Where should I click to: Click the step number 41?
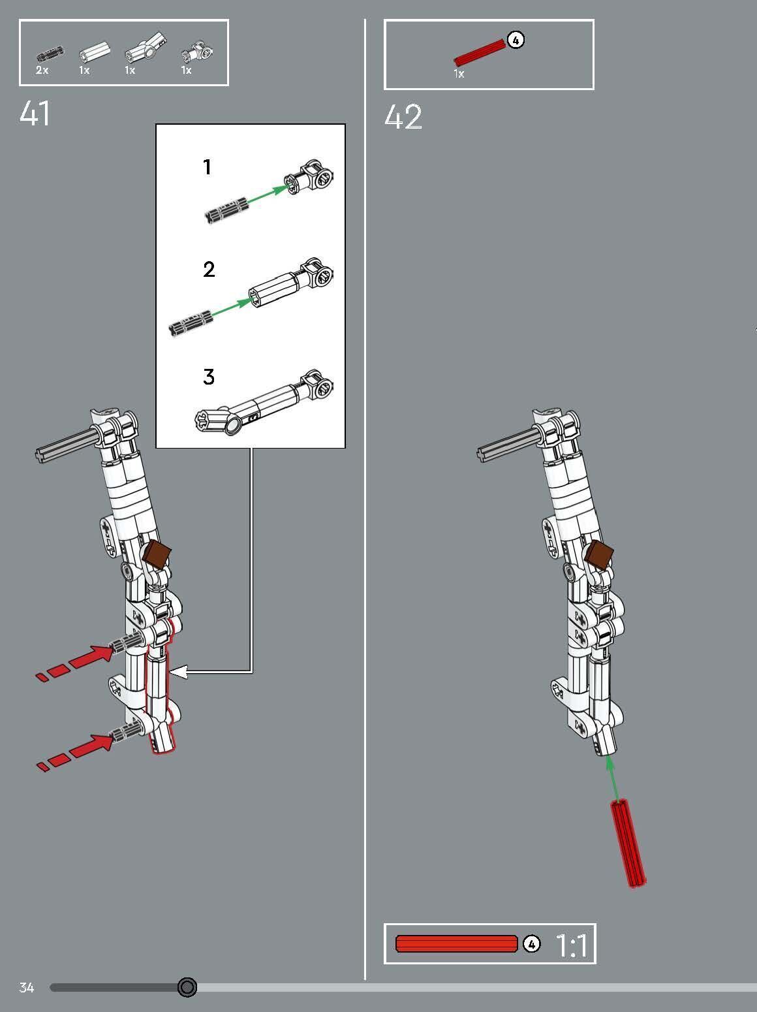point(35,114)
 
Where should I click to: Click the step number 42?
point(403,118)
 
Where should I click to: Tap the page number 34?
point(26,987)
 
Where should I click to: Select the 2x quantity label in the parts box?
point(42,71)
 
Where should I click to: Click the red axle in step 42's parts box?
point(480,52)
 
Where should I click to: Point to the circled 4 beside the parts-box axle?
point(516,40)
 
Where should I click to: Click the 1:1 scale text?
point(571,945)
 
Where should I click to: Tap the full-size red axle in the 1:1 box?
point(456,944)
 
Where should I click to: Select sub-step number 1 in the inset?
point(208,168)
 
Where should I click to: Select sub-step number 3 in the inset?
point(208,377)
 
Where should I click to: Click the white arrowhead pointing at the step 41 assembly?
point(178,671)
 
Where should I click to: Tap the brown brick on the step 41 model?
point(157,554)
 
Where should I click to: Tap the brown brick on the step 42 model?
point(599,555)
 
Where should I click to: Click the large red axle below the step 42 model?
point(628,844)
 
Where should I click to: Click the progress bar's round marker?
point(187,987)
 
